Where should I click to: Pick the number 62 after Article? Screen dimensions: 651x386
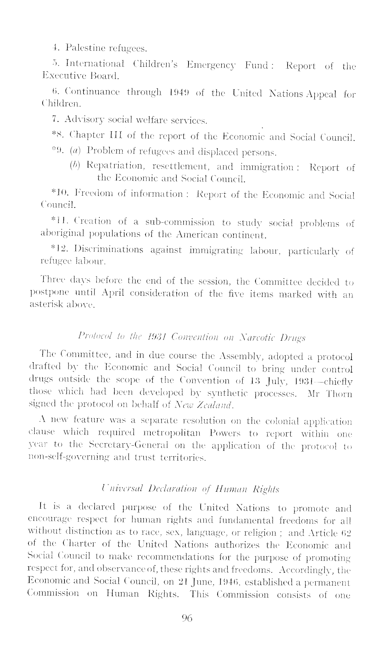(347, 533)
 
